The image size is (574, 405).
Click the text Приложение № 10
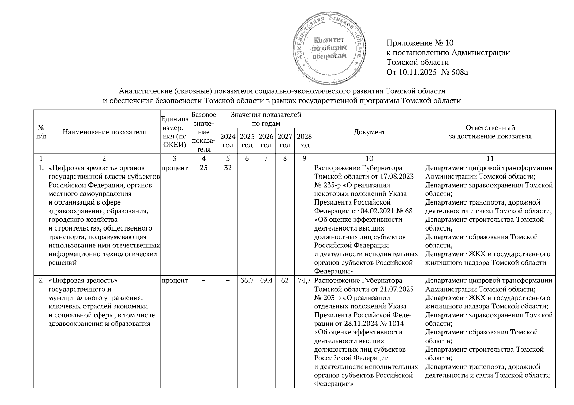pyautogui.click(x=420, y=43)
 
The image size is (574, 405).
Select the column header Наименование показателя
pyautogui.click(x=104, y=132)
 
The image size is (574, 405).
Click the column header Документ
pyautogui.click(x=369, y=132)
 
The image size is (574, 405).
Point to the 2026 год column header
pyautogui.click(x=266, y=141)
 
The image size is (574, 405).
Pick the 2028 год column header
pyautogui.click(x=304, y=141)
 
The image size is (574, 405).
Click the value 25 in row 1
pyautogui.click(x=203, y=168)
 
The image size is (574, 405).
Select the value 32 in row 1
pyautogui.click(x=228, y=168)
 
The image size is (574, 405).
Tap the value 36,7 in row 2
pyautogui.click(x=247, y=280)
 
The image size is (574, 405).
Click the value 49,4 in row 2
pyautogui.click(x=266, y=280)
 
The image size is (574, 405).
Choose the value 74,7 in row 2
pyautogui.click(x=304, y=280)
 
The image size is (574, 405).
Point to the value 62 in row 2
pyautogui.click(x=285, y=280)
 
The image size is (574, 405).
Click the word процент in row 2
pyautogui.click(x=174, y=280)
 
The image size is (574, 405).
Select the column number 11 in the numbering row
pyautogui.click(x=490, y=158)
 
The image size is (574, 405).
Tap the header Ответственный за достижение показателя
pyautogui.click(x=490, y=132)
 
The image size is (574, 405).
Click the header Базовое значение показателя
pyautogui.click(x=203, y=132)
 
